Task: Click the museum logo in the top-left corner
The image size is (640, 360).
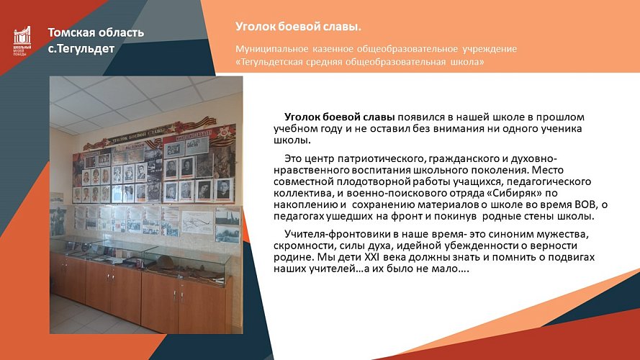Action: pyautogui.click(x=22, y=42)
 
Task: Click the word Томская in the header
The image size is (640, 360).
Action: pyautogui.click(x=74, y=32)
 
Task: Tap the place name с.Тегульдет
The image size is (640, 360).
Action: pyautogui.click(x=81, y=48)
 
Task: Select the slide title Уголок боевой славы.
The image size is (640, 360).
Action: pyautogui.click(x=298, y=27)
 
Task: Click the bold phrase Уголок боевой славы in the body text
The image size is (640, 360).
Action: pyautogui.click(x=339, y=117)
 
